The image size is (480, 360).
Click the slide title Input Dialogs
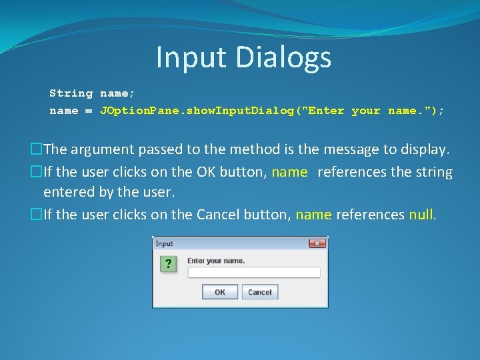point(243,57)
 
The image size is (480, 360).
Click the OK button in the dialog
point(219,292)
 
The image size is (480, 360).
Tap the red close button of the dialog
point(317,244)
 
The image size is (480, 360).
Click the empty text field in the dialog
point(253,273)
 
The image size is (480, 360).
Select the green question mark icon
point(169,264)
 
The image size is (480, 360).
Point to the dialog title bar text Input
point(165,244)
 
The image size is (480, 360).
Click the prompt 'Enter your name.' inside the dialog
point(216,261)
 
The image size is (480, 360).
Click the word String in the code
point(71,93)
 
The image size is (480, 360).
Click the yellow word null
point(421,215)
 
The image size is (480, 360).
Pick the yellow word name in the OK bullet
point(290,173)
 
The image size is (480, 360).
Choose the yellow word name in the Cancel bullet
point(313,215)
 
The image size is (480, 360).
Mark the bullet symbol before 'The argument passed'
point(37,150)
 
